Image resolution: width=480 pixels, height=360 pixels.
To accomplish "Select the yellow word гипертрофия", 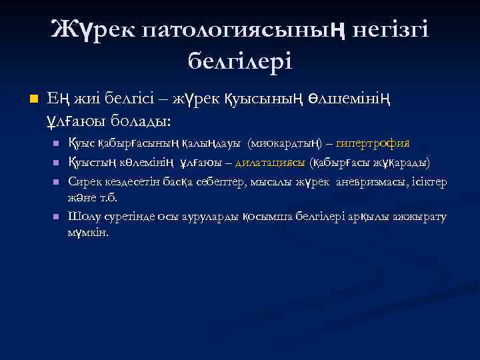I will coord(373,143).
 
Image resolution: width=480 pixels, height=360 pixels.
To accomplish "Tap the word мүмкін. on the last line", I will coord(87,234).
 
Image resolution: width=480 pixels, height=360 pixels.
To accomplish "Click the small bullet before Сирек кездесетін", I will coord(57,182).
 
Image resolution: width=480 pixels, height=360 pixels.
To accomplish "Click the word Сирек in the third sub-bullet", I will coord(83,181).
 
